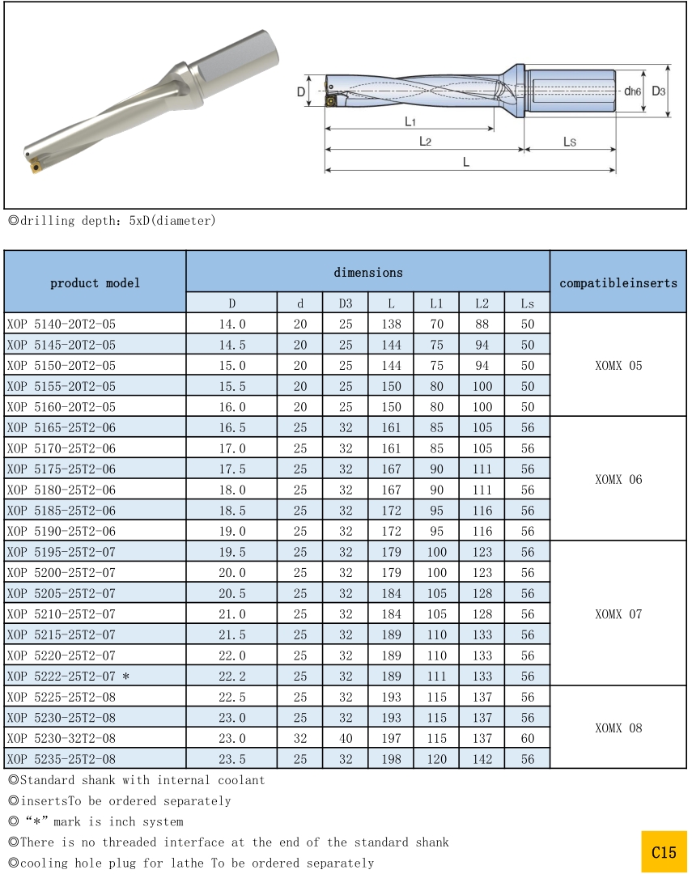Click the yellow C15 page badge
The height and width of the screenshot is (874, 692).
click(664, 852)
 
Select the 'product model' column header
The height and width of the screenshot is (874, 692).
click(95, 282)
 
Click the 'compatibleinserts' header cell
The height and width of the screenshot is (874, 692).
click(618, 282)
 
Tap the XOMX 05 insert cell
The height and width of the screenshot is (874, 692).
click(618, 365)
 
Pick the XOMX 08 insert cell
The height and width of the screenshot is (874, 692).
click(618, 728)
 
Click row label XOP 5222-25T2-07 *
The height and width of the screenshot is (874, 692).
click(68, 677)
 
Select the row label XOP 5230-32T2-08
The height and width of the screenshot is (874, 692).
click(62, 738)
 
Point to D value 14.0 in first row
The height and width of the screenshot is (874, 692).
click(231, 324)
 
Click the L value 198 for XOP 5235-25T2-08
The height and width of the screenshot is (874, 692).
click(391, 759)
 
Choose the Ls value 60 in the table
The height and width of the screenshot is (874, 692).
click(528, 738)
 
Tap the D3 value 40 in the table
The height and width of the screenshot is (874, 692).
click(346, 738)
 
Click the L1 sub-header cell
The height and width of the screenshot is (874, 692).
click(436, 303)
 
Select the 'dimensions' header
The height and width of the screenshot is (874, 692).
click(368, 273)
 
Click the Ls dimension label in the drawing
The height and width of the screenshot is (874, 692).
click(570, 142)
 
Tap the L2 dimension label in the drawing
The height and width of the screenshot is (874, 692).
click(425, 142)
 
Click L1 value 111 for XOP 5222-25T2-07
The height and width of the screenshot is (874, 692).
click(436, 677)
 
